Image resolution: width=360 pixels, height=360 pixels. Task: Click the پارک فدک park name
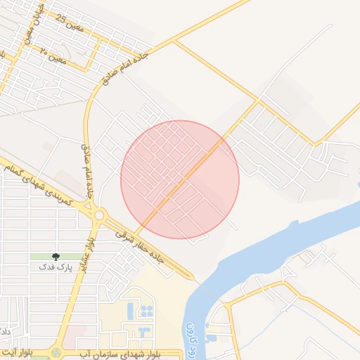click(x=56, y=268)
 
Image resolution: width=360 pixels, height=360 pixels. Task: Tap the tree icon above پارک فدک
click(x=56, y=258)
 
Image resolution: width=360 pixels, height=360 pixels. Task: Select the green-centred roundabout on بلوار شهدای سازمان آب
click(x=56, y=351)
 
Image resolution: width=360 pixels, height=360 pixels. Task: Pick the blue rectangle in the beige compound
click(x=129, y=309)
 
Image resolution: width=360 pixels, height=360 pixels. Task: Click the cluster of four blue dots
click(x=147, y=310)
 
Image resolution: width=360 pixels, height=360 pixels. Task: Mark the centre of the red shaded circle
click(x=180, y=179)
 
